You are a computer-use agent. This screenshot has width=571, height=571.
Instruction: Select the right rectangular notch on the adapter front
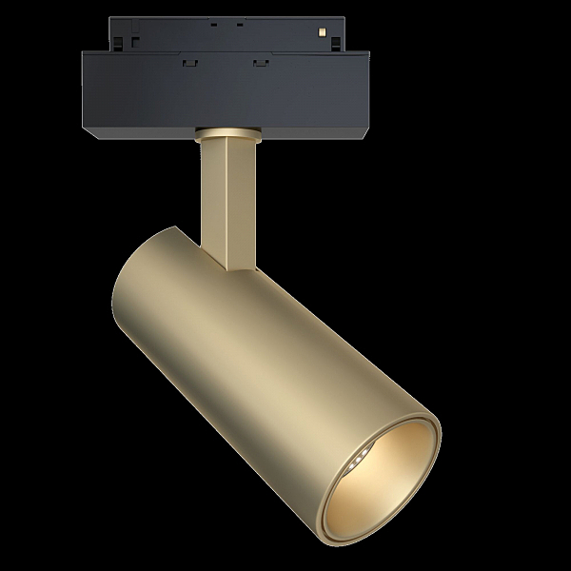pyautogui.click(x=258, y=64)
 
